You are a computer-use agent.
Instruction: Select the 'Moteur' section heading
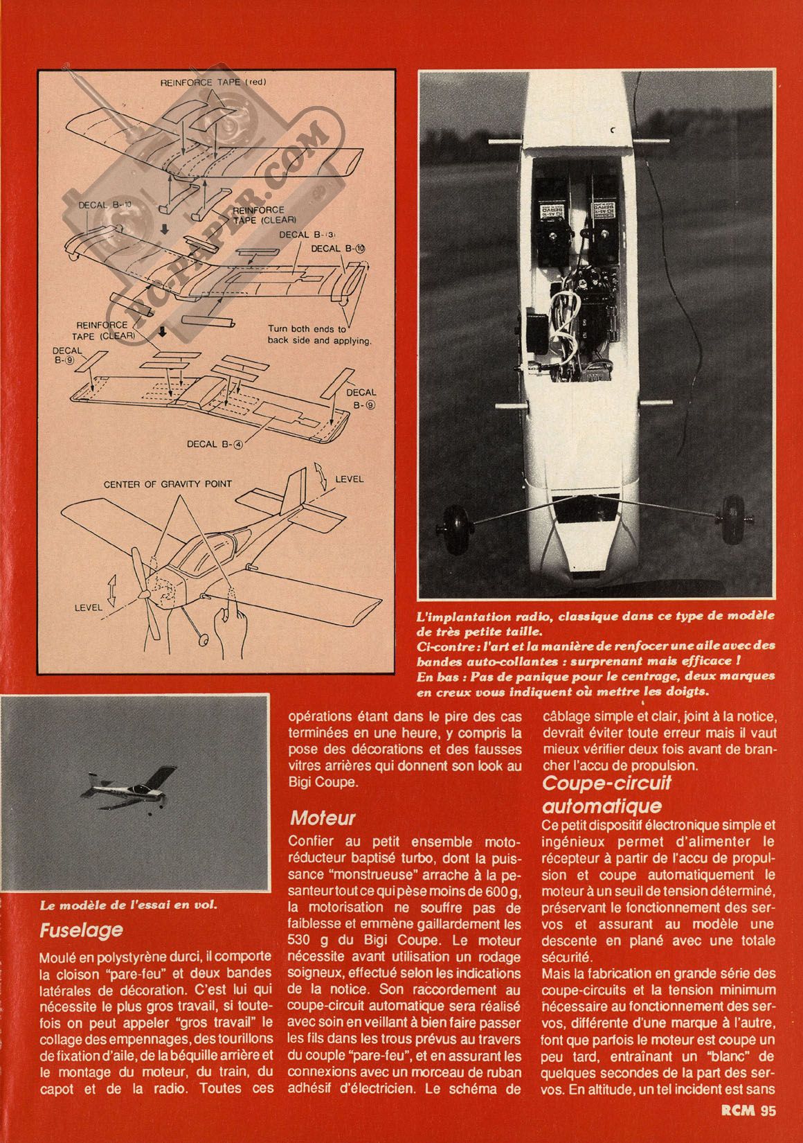click(323, 818)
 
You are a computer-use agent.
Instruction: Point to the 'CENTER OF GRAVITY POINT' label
click(168, 484)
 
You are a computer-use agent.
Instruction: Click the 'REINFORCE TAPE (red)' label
click(213, 82)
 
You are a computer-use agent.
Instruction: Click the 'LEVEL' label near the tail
click(350, 479)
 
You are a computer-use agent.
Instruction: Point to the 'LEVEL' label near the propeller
click(88, 608)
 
